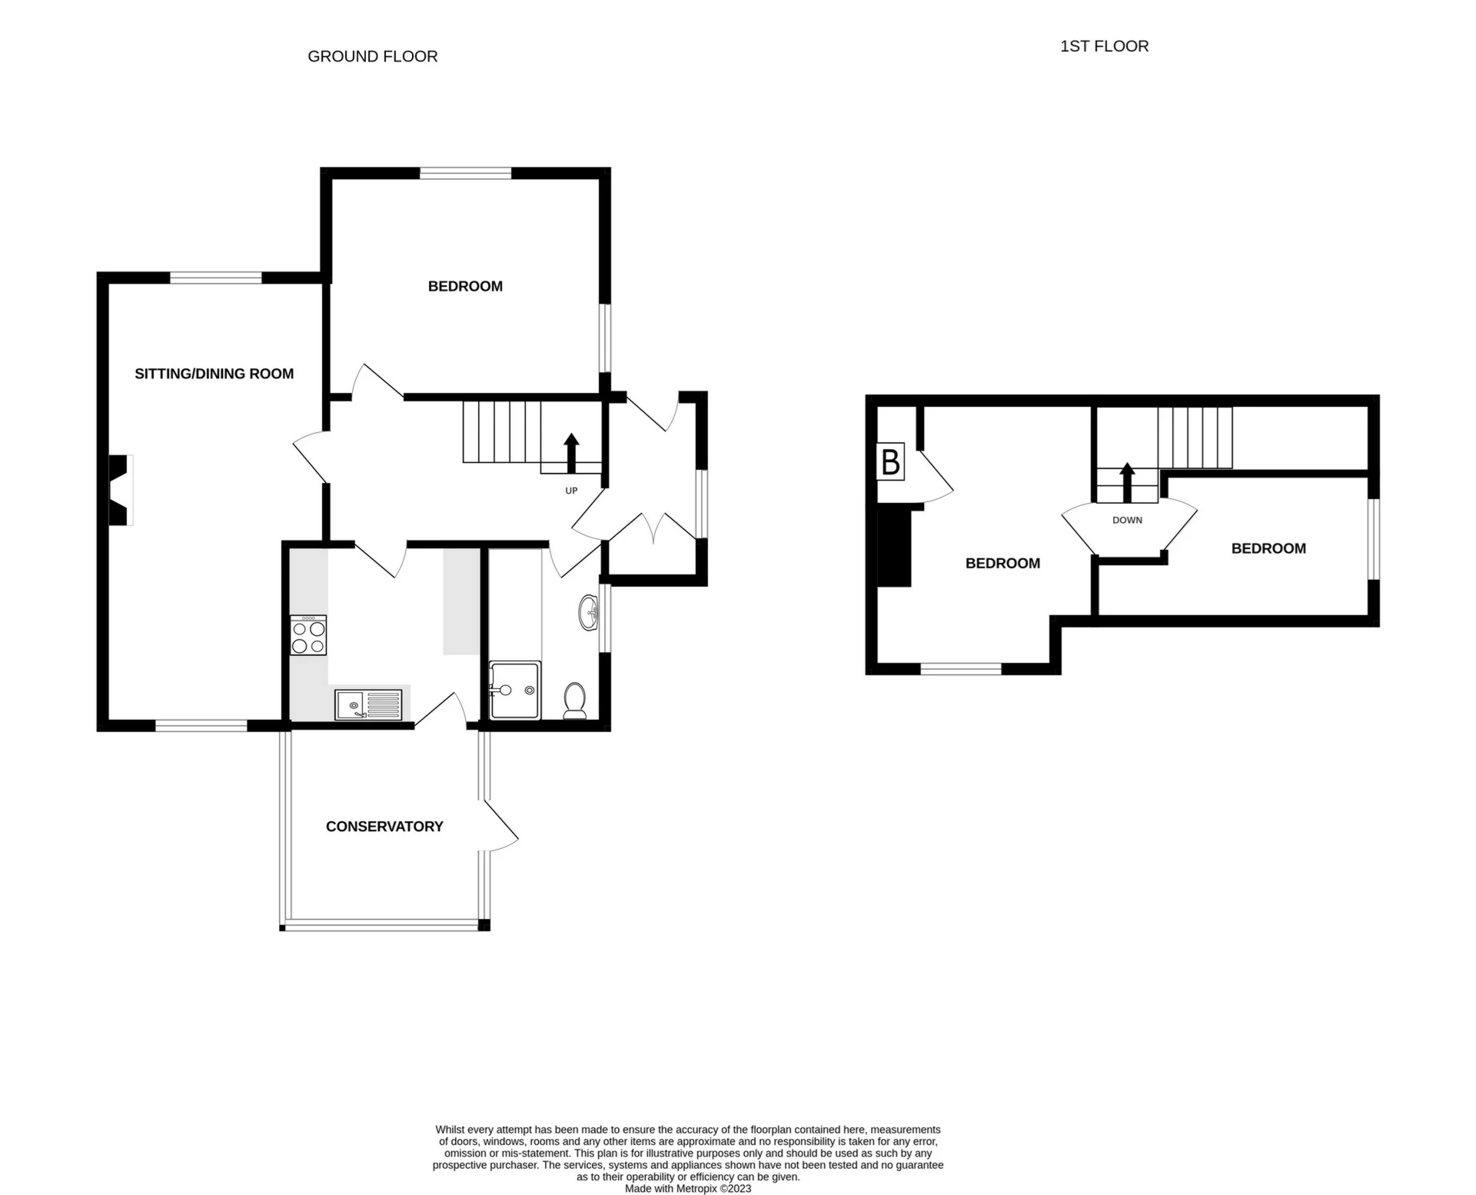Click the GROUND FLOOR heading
[x=372, y=56]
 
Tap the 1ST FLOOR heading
[x=1104, y=46]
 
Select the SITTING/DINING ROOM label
[x=214, y=374]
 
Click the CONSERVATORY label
[x=384, y=827]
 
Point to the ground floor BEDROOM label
[x=465, y=286]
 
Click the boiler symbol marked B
[x=890, y=462]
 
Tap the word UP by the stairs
[x=571, y=491]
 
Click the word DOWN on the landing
[x=1127, y=521]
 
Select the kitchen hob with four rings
[x=308, y=635]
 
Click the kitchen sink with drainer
[x=368, y=705]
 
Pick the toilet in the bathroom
[x=575, y=701]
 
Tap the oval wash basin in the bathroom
[x=590, y=613]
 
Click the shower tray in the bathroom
[x=515, y=690]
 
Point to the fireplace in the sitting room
[x=119, y=491]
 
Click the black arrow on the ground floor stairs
[x=571, y=454]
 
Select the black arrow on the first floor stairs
[x=1127, y=482]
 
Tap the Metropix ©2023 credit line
[x=688, y=1188]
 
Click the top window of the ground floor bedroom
[x=465, y=173]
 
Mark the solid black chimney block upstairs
[x=894, y=547]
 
